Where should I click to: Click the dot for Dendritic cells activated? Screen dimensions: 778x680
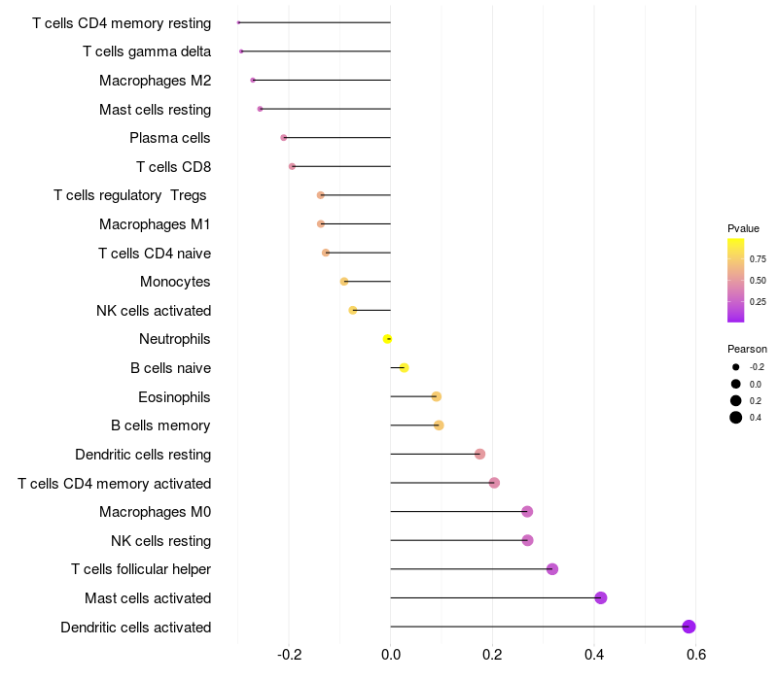coord(689,627)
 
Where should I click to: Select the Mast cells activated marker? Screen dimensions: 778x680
coord(600,597)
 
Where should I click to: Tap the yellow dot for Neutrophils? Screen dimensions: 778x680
coord(387,339)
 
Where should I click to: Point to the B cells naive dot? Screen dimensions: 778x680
coord(404,368)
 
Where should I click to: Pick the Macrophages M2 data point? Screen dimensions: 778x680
coord(253,81)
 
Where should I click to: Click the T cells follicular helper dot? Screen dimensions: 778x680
coord(552,569)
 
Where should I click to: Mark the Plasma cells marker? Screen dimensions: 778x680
coord(283,138)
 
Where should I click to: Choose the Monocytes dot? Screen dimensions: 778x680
coord(344,282)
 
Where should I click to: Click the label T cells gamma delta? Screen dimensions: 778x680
coord(147,51)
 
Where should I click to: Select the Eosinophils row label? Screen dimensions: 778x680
coord(174,397)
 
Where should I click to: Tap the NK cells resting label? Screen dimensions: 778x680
coord(160,541)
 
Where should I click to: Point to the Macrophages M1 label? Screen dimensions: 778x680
coord(155,224)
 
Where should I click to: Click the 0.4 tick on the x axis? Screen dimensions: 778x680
coord(594,655)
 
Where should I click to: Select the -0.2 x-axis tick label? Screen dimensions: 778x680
coord(289,655)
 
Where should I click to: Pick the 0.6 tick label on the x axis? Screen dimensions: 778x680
coord(696,655)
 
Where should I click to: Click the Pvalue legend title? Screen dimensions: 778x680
coord(743,228)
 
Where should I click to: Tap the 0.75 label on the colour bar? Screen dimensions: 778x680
coord(758,259)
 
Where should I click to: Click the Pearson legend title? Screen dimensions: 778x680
coord(747,349)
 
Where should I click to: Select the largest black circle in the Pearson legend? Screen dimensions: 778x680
coord(736,418)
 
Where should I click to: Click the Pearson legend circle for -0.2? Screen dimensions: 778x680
coord(736,367)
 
